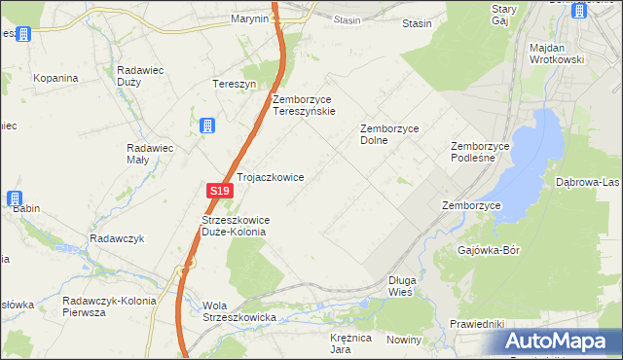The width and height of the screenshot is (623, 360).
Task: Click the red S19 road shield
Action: point(220,192)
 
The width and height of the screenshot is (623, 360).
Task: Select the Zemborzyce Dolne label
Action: point(388,133)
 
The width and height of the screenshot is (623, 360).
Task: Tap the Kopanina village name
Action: point(55,78)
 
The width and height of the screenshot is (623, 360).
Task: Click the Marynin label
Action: point(249,18)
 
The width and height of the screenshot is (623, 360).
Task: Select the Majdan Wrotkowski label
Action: point(556,54)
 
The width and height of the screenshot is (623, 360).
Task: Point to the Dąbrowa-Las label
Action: point(587,182)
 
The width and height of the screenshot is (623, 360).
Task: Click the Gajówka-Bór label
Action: point(489,250)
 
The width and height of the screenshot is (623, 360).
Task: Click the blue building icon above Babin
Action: point(17,198)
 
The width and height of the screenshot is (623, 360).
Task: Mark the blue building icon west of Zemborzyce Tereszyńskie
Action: point(207,126)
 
